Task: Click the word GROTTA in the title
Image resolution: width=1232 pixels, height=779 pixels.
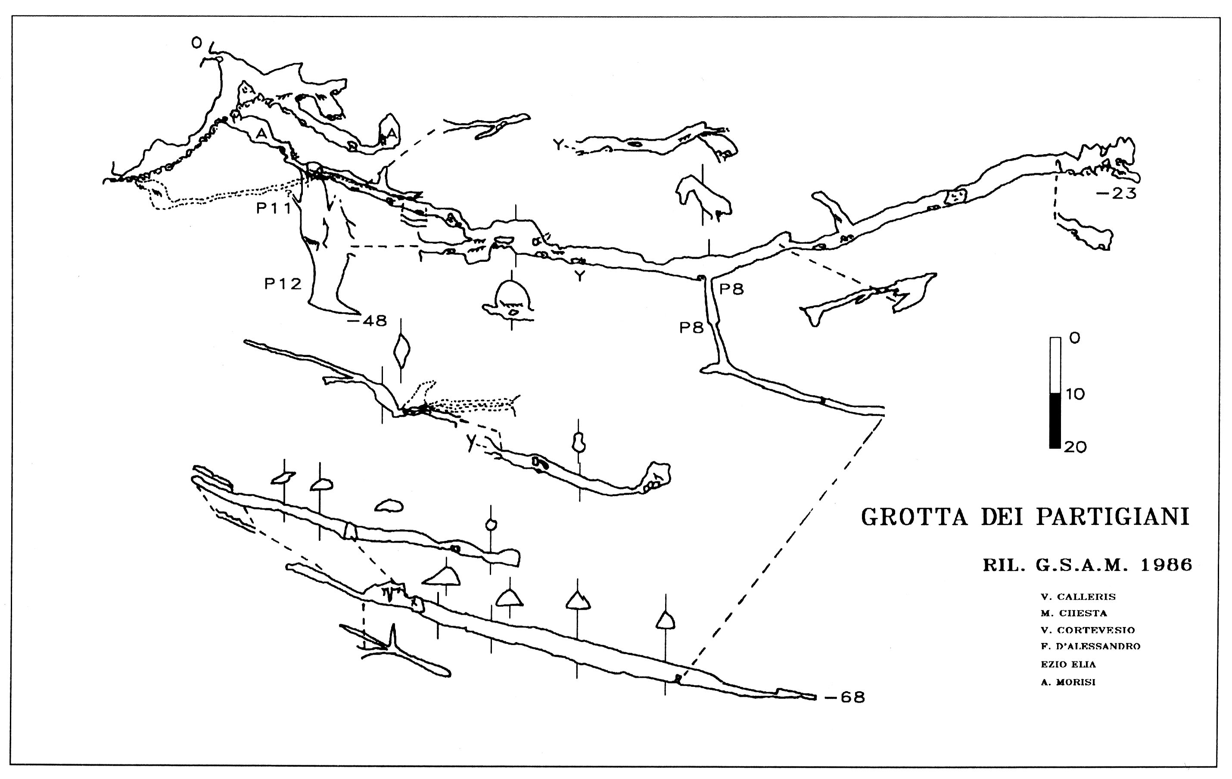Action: pyautogui.click(x=915, y=517)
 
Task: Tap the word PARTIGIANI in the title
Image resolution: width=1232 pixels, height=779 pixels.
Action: pyautogui.click(x=1113, y=517)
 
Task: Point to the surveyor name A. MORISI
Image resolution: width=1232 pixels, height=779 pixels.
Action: pyautogui.click(x=1068, y=682)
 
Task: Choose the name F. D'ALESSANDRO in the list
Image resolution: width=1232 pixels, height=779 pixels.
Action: pyautogui.click(x=1091, y=646)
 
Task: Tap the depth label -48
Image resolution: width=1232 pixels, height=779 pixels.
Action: pyautogui.click(x=367, y=321)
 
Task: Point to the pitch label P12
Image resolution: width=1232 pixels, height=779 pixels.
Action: pyautogui.click(x=283, y=283)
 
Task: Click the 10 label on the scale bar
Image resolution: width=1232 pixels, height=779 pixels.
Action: pyautogui.click(x=1075, y=394)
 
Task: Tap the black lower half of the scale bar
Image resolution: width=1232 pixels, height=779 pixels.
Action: pyautogui.click(x=1055, y=420)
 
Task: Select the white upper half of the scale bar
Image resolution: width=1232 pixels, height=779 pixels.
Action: pyautogui.click(x=1055, y=365)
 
